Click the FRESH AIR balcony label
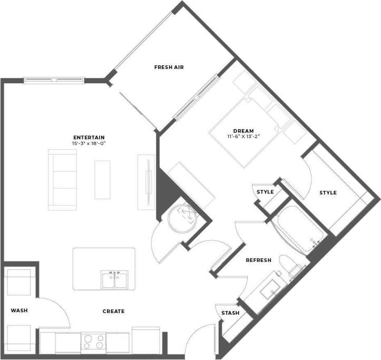tap(169, 67)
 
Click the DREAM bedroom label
tap(243, 131)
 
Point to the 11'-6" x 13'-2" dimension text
tap(243, 137)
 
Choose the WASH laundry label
tap(19, 311)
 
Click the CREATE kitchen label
tap(113, 312)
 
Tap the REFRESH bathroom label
tap(258, 260)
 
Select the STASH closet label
tap(230, 313)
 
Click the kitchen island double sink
tap(114, 279)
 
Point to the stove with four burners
tap(93, 342)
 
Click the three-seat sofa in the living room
tap(61, 178)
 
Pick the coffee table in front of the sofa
tap(102, 179)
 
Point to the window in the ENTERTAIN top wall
tap(54, 80)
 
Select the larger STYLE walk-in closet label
tap(328, 193)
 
